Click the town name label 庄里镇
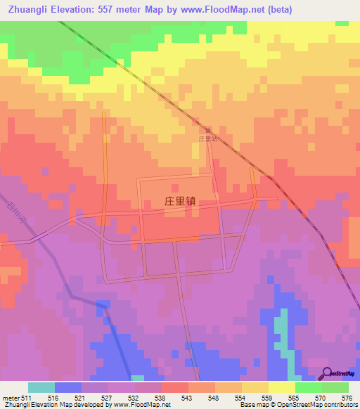179,200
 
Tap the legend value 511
25,398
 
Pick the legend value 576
345,398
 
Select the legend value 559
266,398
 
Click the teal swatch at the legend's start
41,387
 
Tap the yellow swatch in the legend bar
282,387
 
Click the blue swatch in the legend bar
68,387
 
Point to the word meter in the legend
10,398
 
